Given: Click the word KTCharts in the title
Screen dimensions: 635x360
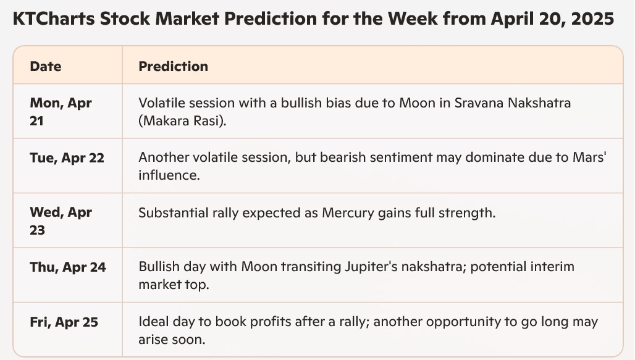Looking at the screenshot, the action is (54, 19).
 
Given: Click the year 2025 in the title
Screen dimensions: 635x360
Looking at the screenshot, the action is (592, 19).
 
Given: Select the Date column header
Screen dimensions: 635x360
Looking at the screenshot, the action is (45, 67).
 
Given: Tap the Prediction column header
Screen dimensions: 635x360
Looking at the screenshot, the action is (174, 67).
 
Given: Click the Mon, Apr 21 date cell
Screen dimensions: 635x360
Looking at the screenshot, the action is (61, 112).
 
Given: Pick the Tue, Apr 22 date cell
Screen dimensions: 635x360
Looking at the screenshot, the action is (67, 157).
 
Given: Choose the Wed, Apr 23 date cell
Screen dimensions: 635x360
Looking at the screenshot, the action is (61, 221).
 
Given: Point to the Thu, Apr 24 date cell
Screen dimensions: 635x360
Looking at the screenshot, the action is (67, 267).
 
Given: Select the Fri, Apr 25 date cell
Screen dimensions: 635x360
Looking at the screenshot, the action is (64, 322).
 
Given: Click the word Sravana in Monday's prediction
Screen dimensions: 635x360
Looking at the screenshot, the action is (479, 103).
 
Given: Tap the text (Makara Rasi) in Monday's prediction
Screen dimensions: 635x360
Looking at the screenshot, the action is (182, 121).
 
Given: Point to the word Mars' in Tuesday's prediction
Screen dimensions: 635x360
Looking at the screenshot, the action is (589, 157).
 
